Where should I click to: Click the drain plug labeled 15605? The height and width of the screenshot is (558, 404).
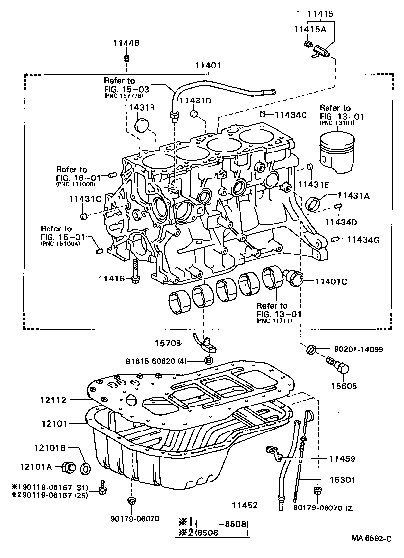pyautogui.click(x=338, y=366)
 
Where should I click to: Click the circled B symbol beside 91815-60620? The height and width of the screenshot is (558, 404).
pyautogui.click(x=209, y=360)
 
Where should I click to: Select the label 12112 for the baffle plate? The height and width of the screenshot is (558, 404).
pyautogui.click(x=53, y=400)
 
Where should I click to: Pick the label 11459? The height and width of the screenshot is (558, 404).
pyautogui.click(x=342, y=459)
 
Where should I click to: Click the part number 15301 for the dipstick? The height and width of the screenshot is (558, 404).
pyautogui.click(x=342, y=480)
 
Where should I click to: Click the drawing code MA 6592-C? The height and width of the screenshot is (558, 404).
pyautogui.click(x=371, y=538)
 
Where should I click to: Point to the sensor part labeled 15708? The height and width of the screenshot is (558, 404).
pyautogui.click(x=207, y=344)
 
